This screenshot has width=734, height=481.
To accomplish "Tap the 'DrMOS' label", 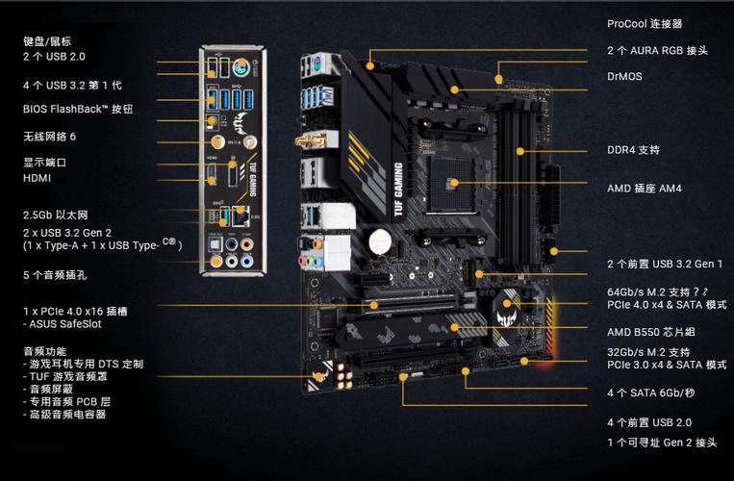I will (624, 76).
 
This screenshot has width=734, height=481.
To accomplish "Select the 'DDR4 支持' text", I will (633, 150).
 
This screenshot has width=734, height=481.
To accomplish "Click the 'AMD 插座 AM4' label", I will (644, 189).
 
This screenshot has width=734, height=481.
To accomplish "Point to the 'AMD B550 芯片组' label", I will (650, 332).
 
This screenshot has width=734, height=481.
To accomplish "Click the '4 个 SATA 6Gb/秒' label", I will (651, 392).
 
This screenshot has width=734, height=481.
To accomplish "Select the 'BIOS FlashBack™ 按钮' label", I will (78, 109).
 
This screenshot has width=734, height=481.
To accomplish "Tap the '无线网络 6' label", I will (49, 137).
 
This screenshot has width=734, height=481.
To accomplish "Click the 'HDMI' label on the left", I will (38, 178).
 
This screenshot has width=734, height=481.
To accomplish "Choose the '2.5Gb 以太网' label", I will (55, 215).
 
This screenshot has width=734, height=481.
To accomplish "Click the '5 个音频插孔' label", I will (55, 275).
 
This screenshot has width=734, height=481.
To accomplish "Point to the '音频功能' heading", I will (45, 351).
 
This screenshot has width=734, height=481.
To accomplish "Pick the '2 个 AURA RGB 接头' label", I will (657, 50).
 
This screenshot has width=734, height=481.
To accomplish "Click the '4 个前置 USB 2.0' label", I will (649, 422).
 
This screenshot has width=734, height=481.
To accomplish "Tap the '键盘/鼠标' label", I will (47, 41).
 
